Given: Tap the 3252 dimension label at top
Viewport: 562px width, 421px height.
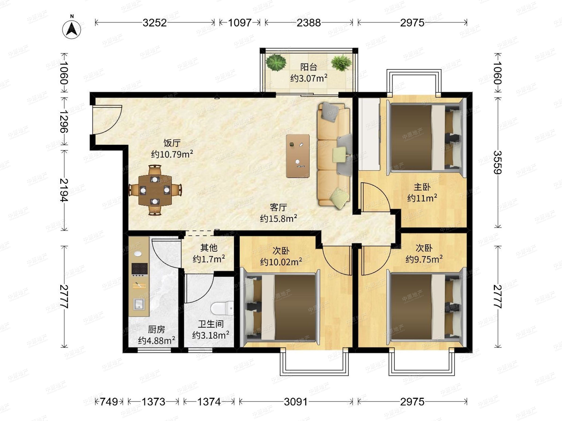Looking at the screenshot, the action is (155, 23).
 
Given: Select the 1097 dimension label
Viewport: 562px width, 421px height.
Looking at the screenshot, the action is (240, 23).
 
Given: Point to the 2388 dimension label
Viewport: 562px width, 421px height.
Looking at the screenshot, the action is (309, 23).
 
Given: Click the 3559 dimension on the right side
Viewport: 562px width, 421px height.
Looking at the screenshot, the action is (497, 162).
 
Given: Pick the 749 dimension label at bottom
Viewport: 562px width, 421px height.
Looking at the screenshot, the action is (109, 402).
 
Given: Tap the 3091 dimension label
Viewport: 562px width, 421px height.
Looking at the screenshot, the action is (296, 402).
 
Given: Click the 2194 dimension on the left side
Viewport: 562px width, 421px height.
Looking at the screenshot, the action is (64, 190).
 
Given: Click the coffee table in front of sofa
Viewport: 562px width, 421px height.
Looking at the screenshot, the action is (298, 156).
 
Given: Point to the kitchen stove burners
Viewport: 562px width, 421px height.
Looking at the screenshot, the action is (140, 270).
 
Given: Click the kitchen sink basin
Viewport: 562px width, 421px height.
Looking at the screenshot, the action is (139, 304).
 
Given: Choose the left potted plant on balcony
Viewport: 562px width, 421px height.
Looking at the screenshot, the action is (276, 62).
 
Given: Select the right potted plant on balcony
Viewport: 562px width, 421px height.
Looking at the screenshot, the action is (341, 62).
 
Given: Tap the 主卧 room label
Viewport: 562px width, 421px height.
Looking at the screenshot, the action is (422, 187).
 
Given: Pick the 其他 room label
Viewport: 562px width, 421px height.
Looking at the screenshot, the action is (209, 247).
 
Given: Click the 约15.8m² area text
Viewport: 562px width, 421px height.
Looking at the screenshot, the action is (278, 218).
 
